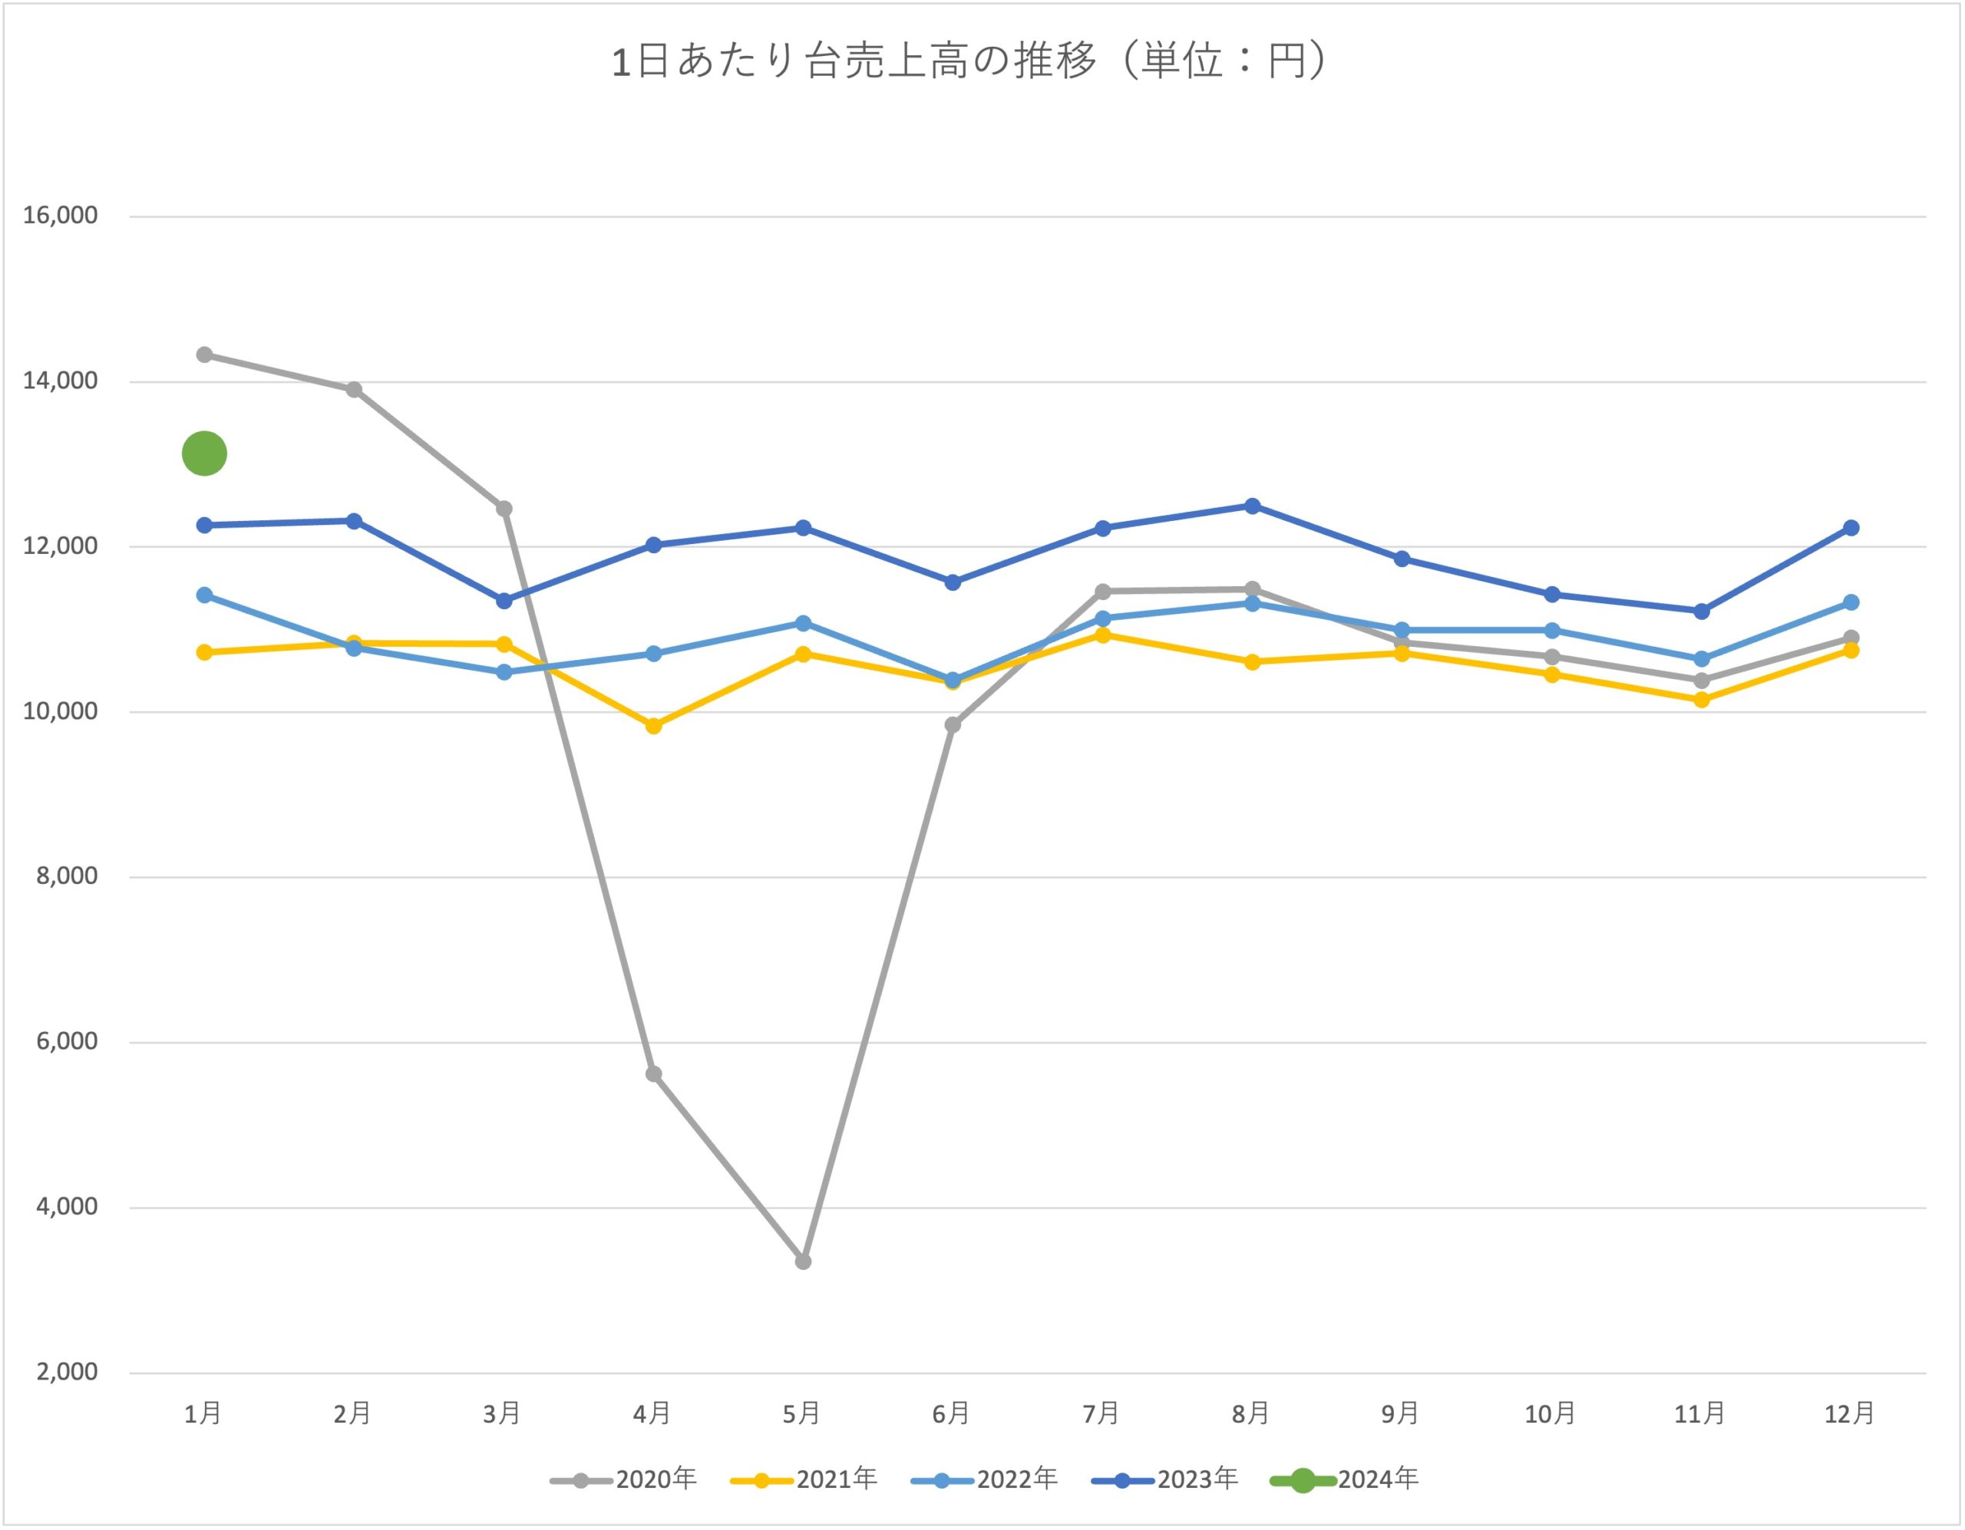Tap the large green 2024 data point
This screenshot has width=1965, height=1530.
point(204,453)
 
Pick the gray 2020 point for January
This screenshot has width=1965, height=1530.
point(204,354)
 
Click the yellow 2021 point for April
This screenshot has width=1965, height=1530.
point(654,726)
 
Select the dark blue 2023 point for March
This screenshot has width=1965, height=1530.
point(504,601)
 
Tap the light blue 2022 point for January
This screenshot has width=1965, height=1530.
point(204,595)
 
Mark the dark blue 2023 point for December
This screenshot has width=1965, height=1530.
point(1851,528)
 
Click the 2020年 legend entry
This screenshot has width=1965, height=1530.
point(623,1479)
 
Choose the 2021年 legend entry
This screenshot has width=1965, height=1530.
point(804,1479)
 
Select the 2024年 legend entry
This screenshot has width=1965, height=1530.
point(1345,1479)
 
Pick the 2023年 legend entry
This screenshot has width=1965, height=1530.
point(1164,1479)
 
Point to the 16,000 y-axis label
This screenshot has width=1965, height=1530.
point(61,216)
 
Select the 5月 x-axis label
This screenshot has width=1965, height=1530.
point(801,1414)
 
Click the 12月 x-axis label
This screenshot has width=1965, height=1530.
point(1850,1414)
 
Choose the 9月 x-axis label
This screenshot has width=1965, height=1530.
point(1400,1414)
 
